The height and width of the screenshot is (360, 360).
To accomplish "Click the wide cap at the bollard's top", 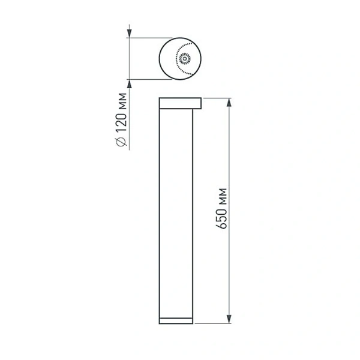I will (x=180, y=103).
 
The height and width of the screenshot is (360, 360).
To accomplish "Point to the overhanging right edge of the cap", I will (x=200, y=103).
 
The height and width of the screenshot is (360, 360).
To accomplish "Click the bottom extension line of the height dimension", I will (x=213, y=323).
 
